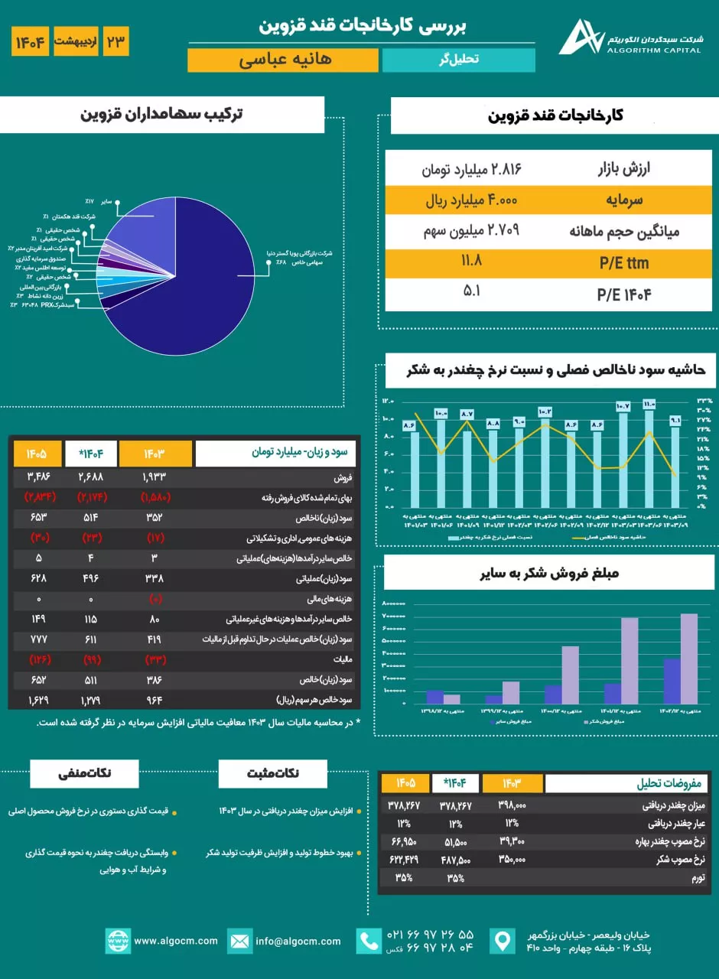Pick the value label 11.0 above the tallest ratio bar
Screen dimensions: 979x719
tap(649, 405)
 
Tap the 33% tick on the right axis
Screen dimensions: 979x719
tap(703, 401)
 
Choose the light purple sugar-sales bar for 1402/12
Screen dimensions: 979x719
tap(688, 659)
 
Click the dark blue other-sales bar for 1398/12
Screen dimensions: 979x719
tap(434, 696)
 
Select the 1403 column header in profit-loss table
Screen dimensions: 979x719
tap(155, 454)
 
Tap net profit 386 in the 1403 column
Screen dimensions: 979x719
tap(155, 679)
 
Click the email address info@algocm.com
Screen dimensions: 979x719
tap(298, 941)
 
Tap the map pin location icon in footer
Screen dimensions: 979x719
tap(503, 941)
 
